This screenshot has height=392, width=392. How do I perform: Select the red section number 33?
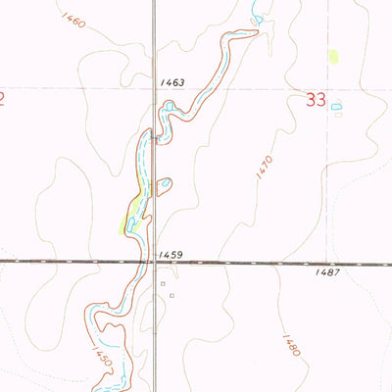315,99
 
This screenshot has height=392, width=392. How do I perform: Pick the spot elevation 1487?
328,271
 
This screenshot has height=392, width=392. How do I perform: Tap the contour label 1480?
289,347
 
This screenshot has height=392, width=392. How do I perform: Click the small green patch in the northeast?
333,57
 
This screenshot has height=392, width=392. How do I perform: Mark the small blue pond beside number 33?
336,105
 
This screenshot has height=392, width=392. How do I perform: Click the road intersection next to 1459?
154,262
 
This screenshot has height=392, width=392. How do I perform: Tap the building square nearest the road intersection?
164,283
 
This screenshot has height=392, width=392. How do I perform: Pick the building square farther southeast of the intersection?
172,295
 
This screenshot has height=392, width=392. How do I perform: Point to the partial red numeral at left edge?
3,98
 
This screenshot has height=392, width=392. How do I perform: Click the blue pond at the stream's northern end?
258,17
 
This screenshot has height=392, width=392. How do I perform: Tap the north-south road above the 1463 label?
154,39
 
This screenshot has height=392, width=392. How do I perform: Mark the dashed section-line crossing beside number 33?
328,90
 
